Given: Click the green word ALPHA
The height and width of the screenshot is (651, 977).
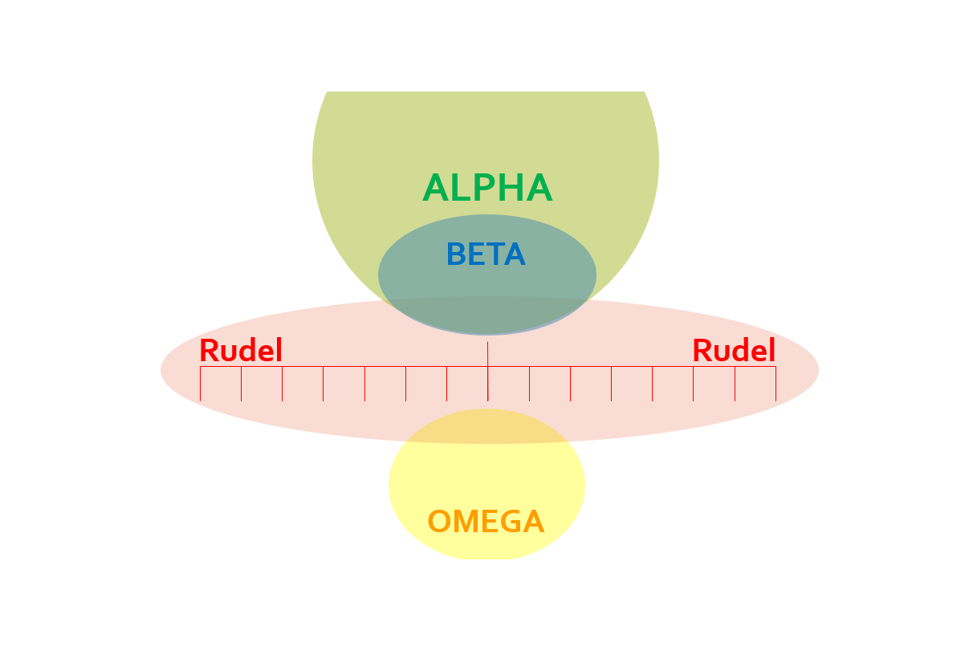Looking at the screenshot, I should point(487,189).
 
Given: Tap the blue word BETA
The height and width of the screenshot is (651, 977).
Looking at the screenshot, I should point(486,254).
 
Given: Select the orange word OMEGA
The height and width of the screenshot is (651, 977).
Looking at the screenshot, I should point(486,522).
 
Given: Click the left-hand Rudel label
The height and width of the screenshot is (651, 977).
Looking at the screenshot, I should point(241,351).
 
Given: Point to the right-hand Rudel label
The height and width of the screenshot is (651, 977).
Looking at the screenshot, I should point(734,351).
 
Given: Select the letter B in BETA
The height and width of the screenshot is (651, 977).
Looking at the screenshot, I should point(456,254).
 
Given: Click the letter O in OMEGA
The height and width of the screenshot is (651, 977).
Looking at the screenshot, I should point(440,522).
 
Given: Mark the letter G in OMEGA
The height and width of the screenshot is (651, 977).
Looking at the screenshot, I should point(511,522).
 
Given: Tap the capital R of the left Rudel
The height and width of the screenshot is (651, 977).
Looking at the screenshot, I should point(209,351).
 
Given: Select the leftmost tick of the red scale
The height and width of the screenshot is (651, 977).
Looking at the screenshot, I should point(200,384).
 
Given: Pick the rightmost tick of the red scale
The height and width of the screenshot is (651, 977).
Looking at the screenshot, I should point(775,384).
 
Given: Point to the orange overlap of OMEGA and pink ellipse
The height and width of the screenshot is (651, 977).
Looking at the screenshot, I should point(487,426).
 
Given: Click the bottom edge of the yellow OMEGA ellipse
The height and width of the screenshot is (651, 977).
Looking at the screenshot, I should point(487,559).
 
